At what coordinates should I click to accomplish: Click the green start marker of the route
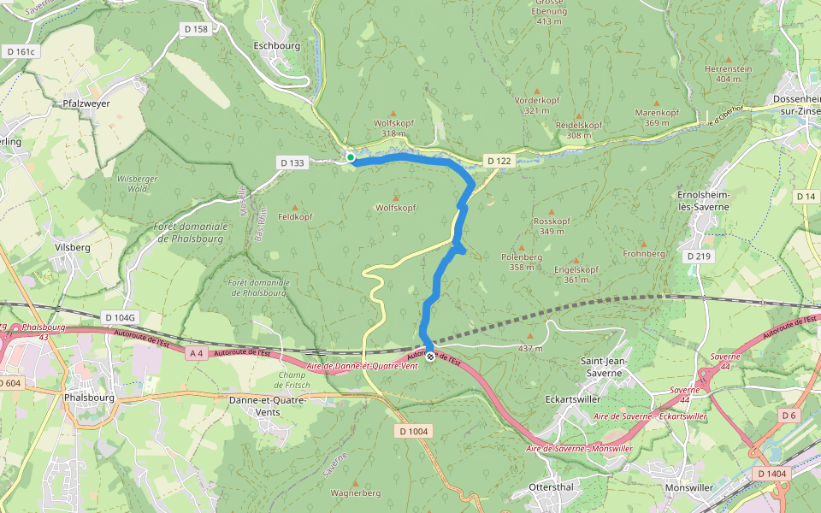click(x=351, y=157)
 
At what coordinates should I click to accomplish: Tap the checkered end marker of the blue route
click(x=430, y=357)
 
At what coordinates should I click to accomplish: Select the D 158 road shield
click(x=196, y=29)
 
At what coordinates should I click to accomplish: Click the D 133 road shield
click(x=292, y=162)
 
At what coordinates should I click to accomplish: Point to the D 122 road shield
click(x=499, y=161)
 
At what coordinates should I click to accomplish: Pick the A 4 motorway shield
click(x=196, y=353)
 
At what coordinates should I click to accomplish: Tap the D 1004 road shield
click(x=413, y=431)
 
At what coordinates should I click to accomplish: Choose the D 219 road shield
click(x=697, y=256)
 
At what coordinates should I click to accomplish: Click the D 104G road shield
click(x=119, y=317)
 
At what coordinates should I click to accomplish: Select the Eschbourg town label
click(x=274, y=45)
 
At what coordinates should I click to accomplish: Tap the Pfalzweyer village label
click(x=86, y=103)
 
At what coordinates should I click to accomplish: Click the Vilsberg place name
click(x=72, y=246)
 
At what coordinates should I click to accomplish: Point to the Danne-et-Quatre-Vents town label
click(x=268, y=404)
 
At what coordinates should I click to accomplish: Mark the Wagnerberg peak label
click(x=355, y=492)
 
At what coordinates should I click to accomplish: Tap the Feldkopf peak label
click(x=295, y=218)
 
